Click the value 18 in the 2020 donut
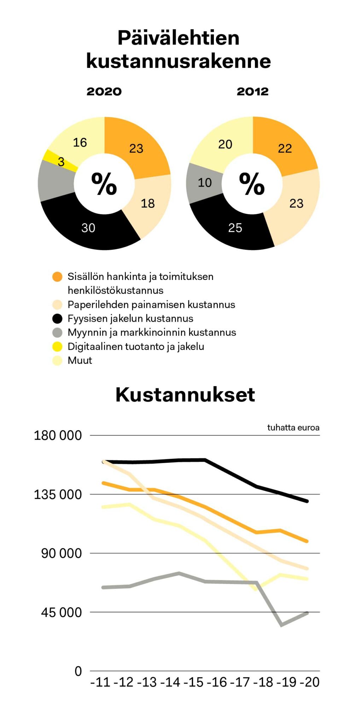click(147, 203)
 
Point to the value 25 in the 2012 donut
click(235, 228)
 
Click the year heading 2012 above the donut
click(252, 92)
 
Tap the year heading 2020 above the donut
click(104, 92)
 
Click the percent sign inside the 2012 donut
click(252, 184)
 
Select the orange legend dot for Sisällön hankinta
click(57, 276)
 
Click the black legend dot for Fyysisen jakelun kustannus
click(57, 319)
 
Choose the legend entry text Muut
click(80, 360)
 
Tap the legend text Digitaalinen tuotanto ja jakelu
click(136, 346)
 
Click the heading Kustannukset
click(185, 395)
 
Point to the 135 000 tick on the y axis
click(58, 494)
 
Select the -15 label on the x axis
click(194, 682)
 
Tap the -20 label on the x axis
click(310, 682)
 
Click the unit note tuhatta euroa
click(293, 427)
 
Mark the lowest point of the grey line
click(281, 625)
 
